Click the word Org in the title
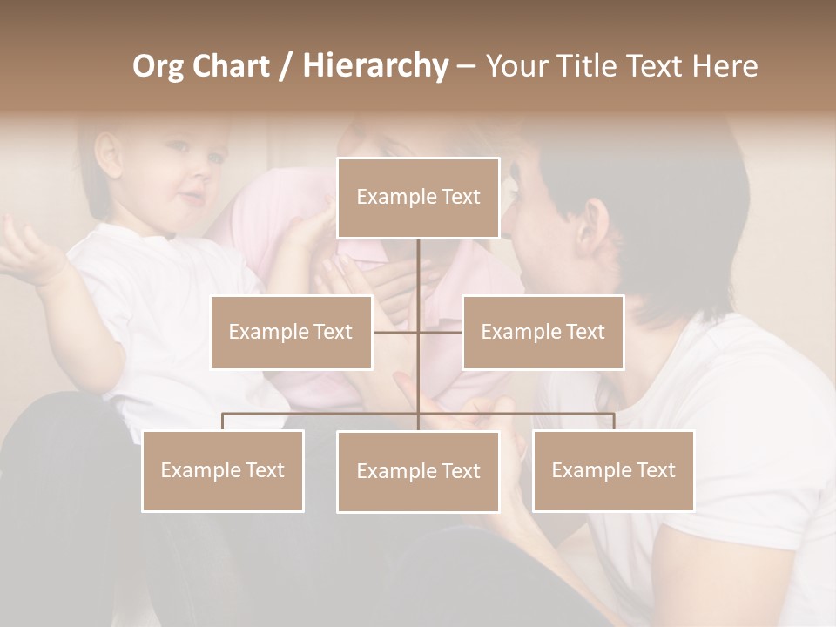(158, 66)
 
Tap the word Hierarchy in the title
(374, 66)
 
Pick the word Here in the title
(725, 66)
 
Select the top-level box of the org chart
(418, 198)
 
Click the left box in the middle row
(291, 332)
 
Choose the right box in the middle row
(543, 332)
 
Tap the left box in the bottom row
(222, 470)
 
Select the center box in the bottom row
(418, 471)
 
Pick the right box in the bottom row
(613, 470)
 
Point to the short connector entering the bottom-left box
(222, 421)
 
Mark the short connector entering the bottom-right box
(613, 421)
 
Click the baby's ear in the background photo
(109, 155)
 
